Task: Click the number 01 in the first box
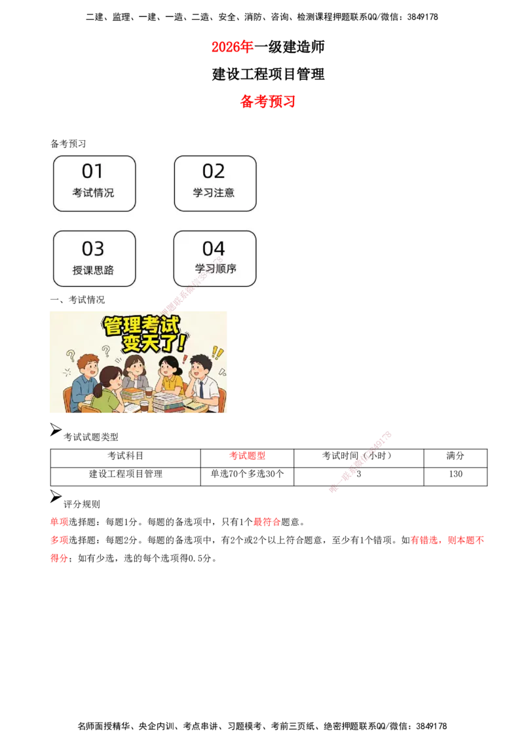[92, 172]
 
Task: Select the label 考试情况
[93, 193]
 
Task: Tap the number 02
[214, 172]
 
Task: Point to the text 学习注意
[214, 193]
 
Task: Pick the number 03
[93, 249]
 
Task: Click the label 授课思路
[93, 270]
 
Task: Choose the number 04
[214, 249]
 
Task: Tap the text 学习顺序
[215, 268]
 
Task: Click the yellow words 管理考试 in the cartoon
[141, 325]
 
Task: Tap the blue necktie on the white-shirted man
[201, 389]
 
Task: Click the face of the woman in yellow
[167, 369]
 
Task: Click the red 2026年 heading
[233, 46]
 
